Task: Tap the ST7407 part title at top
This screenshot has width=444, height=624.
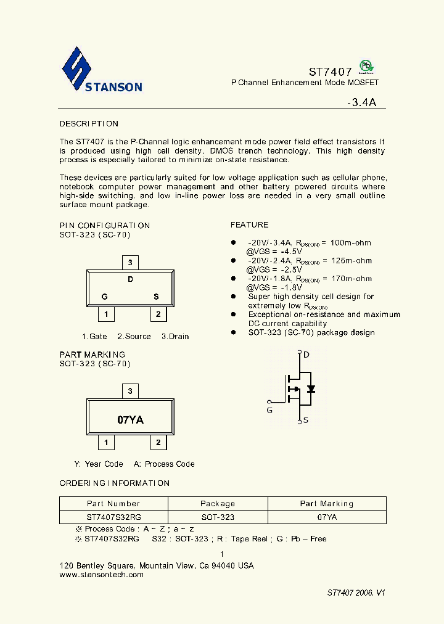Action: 330,72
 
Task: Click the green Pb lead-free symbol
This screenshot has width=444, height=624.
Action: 366,67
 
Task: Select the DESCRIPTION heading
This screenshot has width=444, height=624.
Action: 89,124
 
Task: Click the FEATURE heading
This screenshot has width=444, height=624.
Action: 249,225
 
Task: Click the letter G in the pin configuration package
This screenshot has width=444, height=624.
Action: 105,297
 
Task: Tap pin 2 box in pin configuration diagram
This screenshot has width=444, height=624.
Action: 158,314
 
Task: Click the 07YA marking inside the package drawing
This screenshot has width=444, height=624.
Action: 130,420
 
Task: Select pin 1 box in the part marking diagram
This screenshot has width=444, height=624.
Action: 106,443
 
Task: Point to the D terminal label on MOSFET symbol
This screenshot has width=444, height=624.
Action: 306,355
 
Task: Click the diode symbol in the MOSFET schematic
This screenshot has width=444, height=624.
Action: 311,388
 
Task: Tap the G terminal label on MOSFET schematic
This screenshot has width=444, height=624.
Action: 269,409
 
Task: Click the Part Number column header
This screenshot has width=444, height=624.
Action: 113,504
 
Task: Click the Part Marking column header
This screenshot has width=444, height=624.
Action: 327,504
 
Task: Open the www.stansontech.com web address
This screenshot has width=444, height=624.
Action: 101,575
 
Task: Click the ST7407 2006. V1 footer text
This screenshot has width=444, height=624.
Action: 356,593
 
